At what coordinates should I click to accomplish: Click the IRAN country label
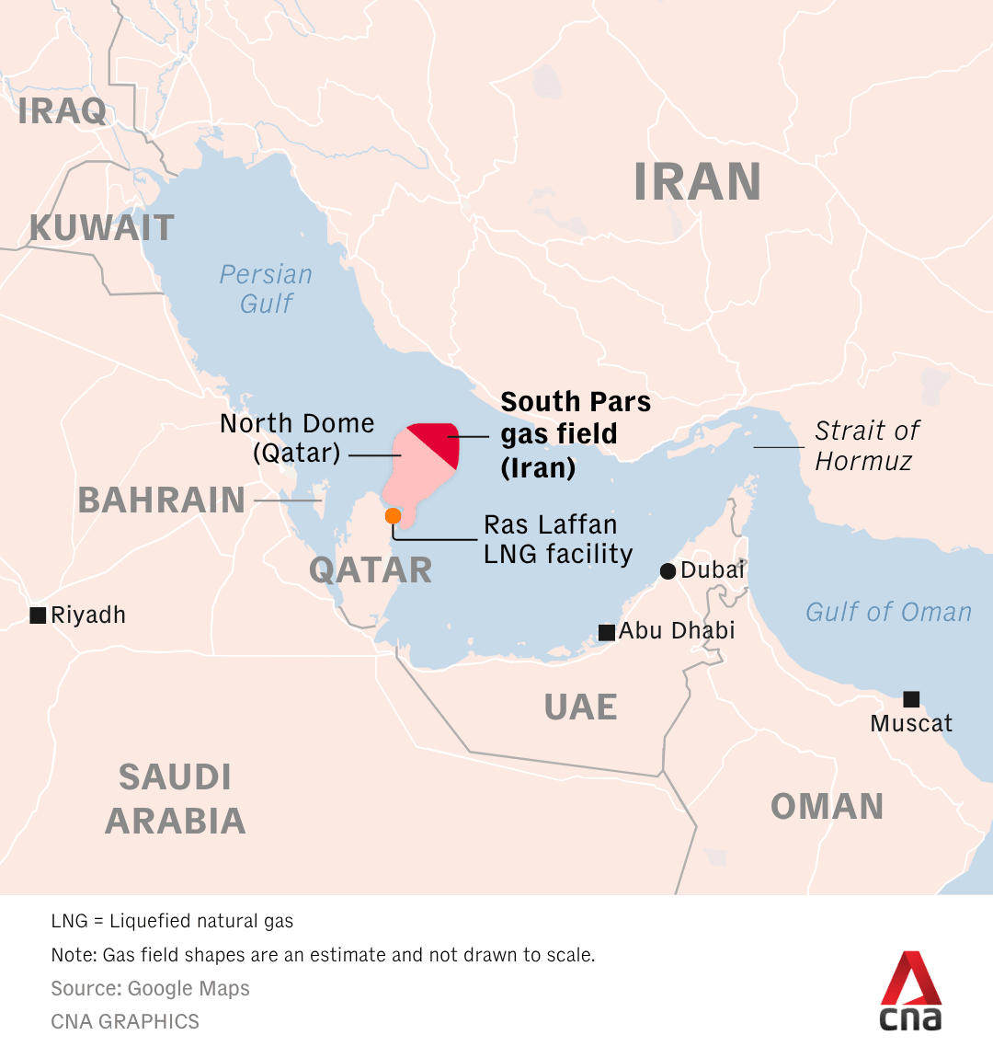click(x=697, y=182)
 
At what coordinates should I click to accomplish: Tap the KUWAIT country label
click(x=101, y=228)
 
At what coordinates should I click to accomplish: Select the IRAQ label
click(x=62, y=111)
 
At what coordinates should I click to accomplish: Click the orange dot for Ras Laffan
click(x=393, y=515)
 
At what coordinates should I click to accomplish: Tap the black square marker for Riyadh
click(x=38, y=615)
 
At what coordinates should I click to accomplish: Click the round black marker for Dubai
click(x=668, y=571)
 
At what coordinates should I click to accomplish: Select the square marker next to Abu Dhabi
click(x=607, y=632)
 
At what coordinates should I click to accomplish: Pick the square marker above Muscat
click(x=911, y=699)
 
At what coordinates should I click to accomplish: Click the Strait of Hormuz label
click(x=866, y=445)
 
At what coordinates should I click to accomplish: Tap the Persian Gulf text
click(x=266, y=289)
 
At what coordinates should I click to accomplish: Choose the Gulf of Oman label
click(x=888, y=612)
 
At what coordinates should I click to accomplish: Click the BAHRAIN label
click(x=161, y=500)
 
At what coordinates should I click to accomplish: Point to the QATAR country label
click(x=371, y=570)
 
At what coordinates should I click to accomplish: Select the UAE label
click(x=580, y=707)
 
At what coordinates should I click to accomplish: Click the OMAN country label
click(x=827, y=807)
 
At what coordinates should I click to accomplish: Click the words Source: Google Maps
click(x=150, y=989)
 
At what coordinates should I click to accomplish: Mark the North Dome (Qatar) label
click(x=297, y=438)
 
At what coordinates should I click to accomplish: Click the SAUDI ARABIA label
click(x=175, y=799)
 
